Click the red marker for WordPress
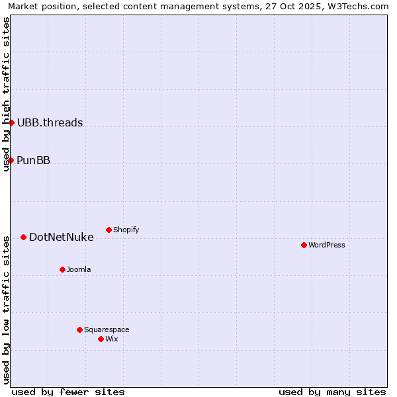click(304, 245)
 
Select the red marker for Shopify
click(109, 230)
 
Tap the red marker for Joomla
click(62, 269)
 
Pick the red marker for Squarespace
click(79, 330)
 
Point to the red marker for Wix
click(101, 339)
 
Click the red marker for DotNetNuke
click(23, 237)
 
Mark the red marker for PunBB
click(11, 160)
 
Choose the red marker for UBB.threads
click(11, 122)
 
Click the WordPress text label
click(327, 245)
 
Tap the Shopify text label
click(126, 230)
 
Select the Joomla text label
click(79, 269)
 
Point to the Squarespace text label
click(107, 330)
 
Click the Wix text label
click(112, 339)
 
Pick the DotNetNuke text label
click(61, 237)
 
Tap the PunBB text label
click(33, 160)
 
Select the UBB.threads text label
click(50, 122)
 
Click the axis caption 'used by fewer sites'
click(68, 392)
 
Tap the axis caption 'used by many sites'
click(332, 392)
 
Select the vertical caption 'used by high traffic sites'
click(6, 94)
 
